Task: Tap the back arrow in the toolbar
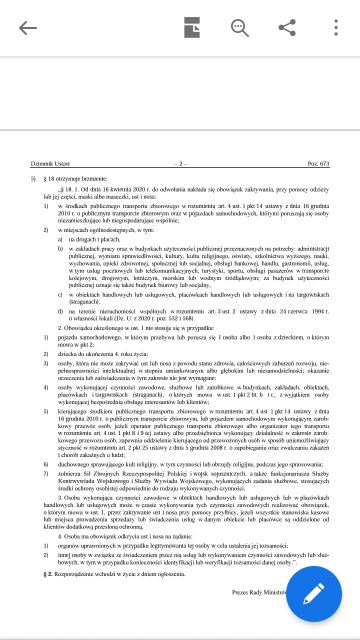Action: [x=27, y=27]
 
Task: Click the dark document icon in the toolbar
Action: [x=190, y=27]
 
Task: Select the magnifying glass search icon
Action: [x=239, y=27]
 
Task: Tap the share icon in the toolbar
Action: [x=288, y=27]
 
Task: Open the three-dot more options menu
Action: [x=333, y=27]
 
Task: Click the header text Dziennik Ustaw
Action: [x=49, y=162]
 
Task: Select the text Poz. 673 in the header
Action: [x=316, y=162]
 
